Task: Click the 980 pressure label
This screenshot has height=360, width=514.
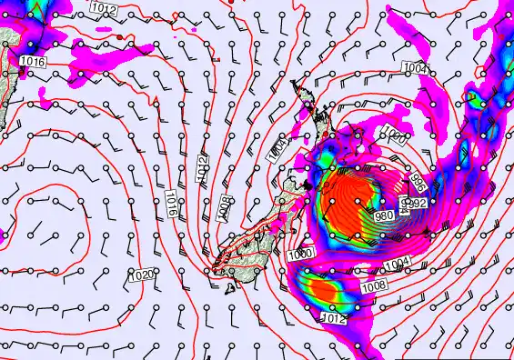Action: (384, 215)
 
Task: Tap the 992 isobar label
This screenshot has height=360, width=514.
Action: (417, 204)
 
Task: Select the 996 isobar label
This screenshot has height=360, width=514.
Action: (420, 180)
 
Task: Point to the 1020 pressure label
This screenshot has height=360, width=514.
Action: (142, 275)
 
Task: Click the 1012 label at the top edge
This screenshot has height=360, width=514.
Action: (104, 8)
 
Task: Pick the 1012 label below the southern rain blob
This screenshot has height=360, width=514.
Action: (335, 318)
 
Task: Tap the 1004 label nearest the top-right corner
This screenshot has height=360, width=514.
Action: (414, 68)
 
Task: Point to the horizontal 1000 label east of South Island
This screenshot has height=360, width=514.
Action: (299, 253)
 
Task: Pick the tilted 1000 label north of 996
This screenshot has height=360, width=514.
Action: (393, 136)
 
